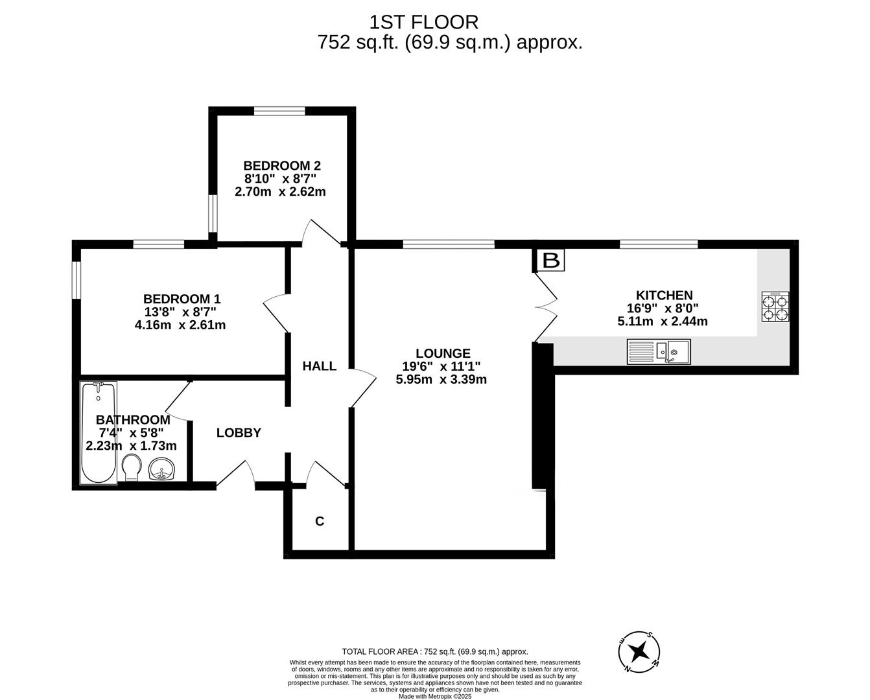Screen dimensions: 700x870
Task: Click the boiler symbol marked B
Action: (551, 261)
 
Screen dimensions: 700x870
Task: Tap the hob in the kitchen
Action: (775, 307)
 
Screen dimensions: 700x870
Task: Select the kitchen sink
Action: (659, 352)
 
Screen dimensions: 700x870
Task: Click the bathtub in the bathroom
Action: (99, 432)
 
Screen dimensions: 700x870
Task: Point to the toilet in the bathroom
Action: (132, 467)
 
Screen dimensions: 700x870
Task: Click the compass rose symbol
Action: (639, 651)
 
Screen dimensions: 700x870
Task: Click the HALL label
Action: (320, 366)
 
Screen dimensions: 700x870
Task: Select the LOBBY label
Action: (239, 433)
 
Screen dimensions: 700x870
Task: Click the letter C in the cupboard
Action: (320, 521)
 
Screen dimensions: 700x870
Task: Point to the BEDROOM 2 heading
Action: (282, 166)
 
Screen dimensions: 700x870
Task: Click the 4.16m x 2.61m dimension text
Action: (180, 325)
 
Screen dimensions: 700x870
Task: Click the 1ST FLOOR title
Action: (424, 23)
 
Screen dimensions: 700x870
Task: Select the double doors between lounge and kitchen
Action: (546, 307)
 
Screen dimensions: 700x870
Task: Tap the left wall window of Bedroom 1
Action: (76, 279)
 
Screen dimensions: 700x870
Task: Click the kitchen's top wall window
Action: (659, 244)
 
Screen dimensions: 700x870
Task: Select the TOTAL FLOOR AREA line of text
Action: (435, 651)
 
